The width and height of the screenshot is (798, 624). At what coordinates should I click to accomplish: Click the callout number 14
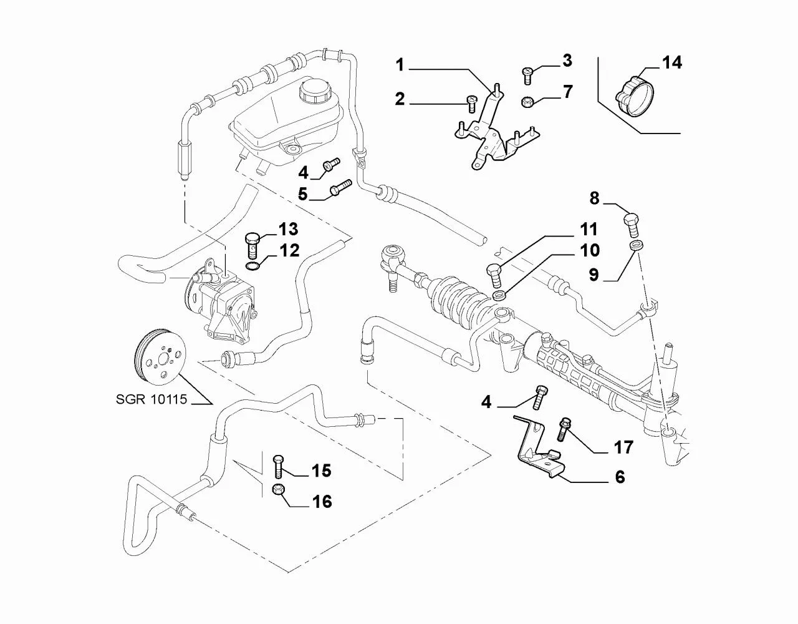pyautogui.click(x=671, y=63)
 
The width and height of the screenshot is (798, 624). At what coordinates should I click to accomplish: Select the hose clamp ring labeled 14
pyautogui.click(x=637, y=97)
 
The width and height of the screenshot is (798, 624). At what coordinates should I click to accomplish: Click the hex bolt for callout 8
pyautogui.click(x=632, y=223)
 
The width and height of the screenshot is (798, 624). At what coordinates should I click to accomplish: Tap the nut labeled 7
pyautogui.click(x=526, y=101)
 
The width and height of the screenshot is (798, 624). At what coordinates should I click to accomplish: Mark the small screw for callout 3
pyautogui.click(x=526, y=74)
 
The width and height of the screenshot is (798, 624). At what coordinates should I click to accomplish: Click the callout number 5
pyautogui.click(x=302, y=194)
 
